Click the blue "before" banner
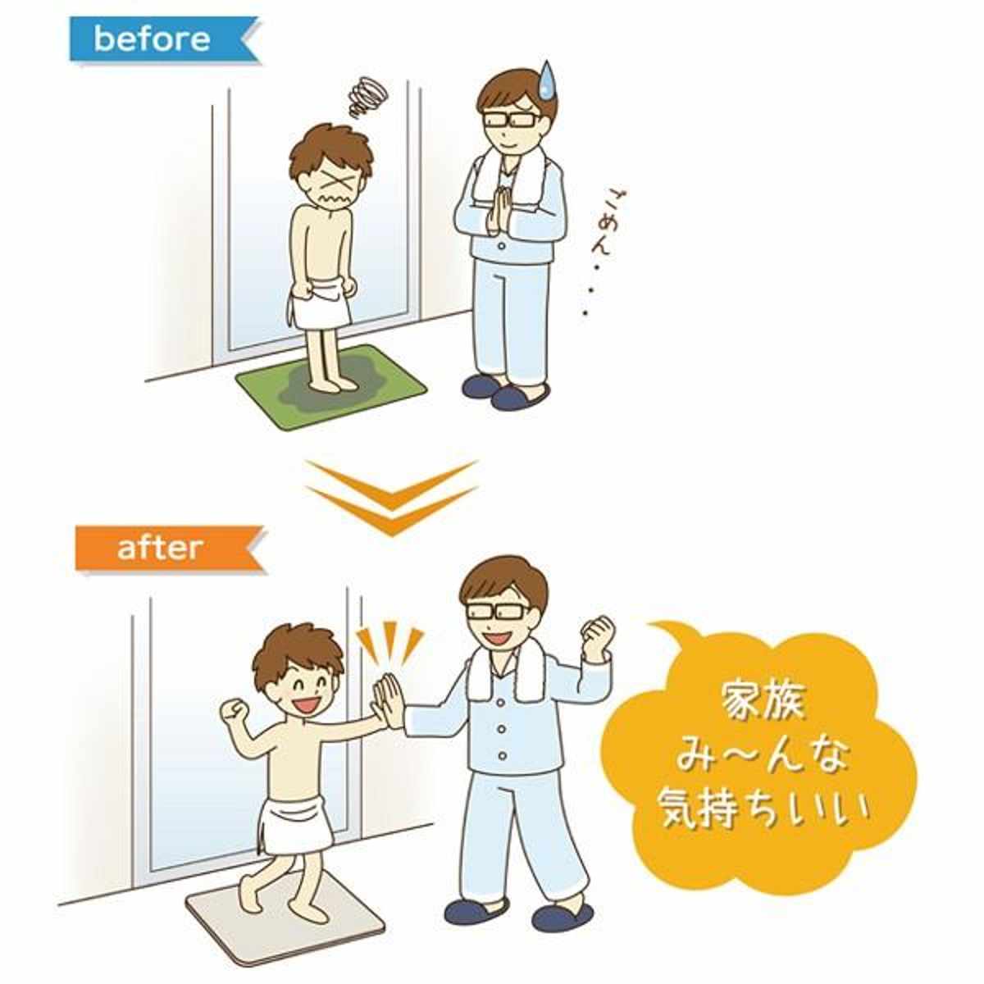pyautogui.click(x=165, y=40)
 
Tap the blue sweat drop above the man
pyautogui.click(x=548, y=79)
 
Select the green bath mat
pyautogui.click(x=331, y=388)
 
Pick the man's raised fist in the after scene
pyautogui.click(x=598, y=639)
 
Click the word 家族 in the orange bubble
pyautogui.click(x=764, y=702)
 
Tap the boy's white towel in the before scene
pyautogui.click(x=320, y=305)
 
